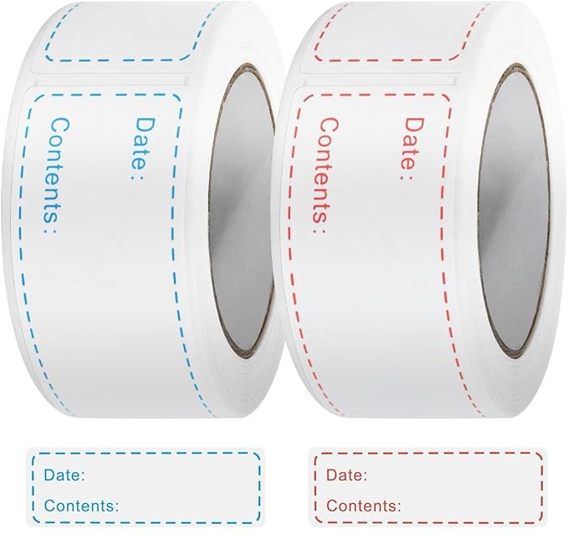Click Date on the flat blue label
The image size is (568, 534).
(x=62, y=475)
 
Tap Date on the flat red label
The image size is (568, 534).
(x=345, y=475)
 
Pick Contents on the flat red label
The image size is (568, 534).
(x=361, y=506)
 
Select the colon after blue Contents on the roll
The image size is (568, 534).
(x=51, y=230)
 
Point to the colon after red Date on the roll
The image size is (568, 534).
(x=407, y=177)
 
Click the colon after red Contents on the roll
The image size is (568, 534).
(x=319, y=230)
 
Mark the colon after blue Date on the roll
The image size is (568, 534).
(x=136, y=177)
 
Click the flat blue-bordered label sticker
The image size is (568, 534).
(x=146, y=488)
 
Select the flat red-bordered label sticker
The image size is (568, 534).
(x=428, y=488)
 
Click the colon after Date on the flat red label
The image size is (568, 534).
(x=365, y=476)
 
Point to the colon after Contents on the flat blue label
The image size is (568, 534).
(x=116, y=506)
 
